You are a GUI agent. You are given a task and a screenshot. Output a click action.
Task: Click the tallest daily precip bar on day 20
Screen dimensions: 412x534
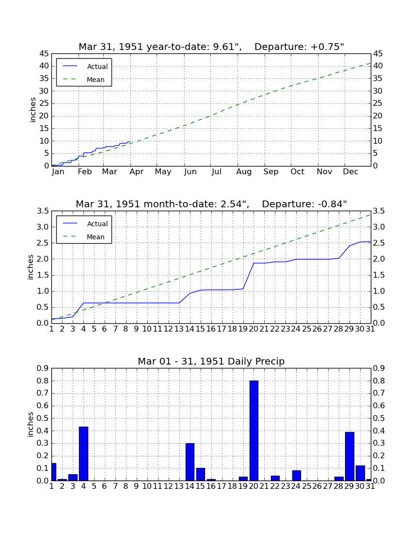(254, 431)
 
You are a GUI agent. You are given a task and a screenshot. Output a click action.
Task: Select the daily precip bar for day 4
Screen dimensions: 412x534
(84, 453)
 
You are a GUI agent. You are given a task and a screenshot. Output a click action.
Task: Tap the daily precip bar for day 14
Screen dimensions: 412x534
(190, 462)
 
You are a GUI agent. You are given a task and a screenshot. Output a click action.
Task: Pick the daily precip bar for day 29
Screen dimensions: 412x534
(349, 456)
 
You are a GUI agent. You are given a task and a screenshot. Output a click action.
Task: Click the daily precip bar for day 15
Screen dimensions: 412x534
(201, 474)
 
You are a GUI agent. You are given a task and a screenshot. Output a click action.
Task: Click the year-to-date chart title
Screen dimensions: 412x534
(211, 47)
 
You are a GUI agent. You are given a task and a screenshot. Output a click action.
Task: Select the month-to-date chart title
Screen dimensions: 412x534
(211, 204)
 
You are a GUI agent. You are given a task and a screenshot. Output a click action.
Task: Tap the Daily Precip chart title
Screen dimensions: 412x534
(211, 361)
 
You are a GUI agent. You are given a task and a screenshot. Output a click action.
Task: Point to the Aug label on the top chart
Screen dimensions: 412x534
(244, 172)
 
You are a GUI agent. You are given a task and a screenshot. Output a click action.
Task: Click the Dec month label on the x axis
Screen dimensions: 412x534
(350, 172)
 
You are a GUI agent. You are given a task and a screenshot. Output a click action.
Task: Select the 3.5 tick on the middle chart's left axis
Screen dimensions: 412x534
(43, 211)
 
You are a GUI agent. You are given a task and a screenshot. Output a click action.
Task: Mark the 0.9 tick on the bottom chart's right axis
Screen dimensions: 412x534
(379, 368)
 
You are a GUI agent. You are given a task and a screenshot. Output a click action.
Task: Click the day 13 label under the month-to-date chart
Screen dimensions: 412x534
(179, 329)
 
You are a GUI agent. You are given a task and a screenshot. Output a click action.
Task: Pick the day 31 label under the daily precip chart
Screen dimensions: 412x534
(370, 486)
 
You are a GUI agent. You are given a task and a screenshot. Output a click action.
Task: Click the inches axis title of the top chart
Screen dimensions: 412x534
(32, 110)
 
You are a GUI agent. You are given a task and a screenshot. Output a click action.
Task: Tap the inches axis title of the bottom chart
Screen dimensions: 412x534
(30, 424)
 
